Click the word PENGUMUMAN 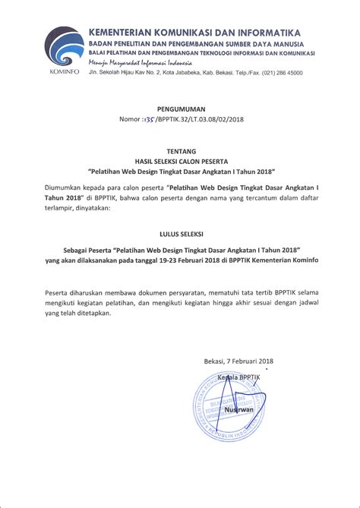pyautogui.click(x=180, y=109)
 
